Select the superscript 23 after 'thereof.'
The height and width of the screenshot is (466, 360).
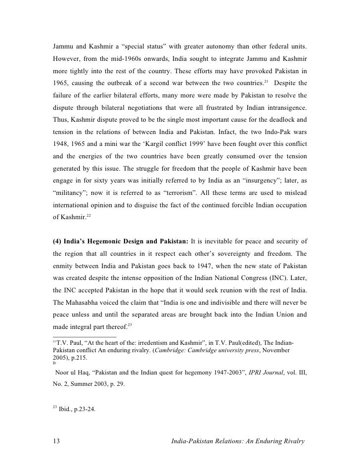(x=129, y=324)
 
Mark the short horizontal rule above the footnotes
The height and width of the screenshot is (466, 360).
(x=85, y=338)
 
